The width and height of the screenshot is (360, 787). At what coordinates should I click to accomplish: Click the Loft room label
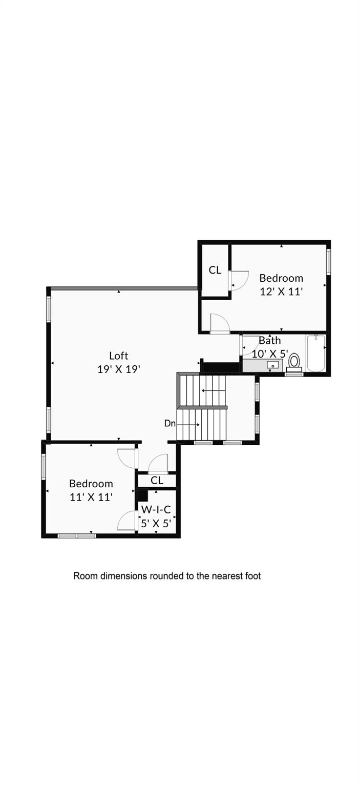click(x=118, y=356)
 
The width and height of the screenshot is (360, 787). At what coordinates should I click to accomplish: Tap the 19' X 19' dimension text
click(x=118, y=369)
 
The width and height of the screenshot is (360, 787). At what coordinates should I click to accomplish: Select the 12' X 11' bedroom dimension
click(x=281, y=292)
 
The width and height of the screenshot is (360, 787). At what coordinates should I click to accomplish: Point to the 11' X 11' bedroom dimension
click(x=91, y=496)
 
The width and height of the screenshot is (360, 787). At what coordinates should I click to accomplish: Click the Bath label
click(x=269, y=340)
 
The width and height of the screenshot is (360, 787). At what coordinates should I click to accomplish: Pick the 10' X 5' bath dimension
click(x=269, y=354)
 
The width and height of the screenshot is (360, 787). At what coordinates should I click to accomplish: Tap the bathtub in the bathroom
click(x=316, y=353)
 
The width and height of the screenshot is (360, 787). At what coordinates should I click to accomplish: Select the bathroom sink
click(x=273, y=365)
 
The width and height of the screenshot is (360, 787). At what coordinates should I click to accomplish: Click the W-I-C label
click(x=156, y=510)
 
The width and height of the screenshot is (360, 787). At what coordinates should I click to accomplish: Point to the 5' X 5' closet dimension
click(x=156, y=523)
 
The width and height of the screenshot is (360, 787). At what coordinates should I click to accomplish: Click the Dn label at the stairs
click(x=170, y=424)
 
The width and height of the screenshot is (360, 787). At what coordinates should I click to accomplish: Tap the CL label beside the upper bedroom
click(x=215, y=270)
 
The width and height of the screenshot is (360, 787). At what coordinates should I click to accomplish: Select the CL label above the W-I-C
click(x=157, y=481)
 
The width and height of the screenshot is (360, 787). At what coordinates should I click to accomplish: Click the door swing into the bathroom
click(x=249, y=346)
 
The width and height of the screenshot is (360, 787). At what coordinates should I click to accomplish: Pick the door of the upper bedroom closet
click(x=239, y=280)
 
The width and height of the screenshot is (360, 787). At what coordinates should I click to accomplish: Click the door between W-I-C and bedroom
click(x=127, y=521)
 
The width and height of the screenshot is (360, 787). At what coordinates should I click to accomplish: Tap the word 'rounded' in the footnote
click(x=168, y=576)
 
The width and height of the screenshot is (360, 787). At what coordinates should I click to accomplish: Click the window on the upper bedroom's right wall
click(x=328, y=262)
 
